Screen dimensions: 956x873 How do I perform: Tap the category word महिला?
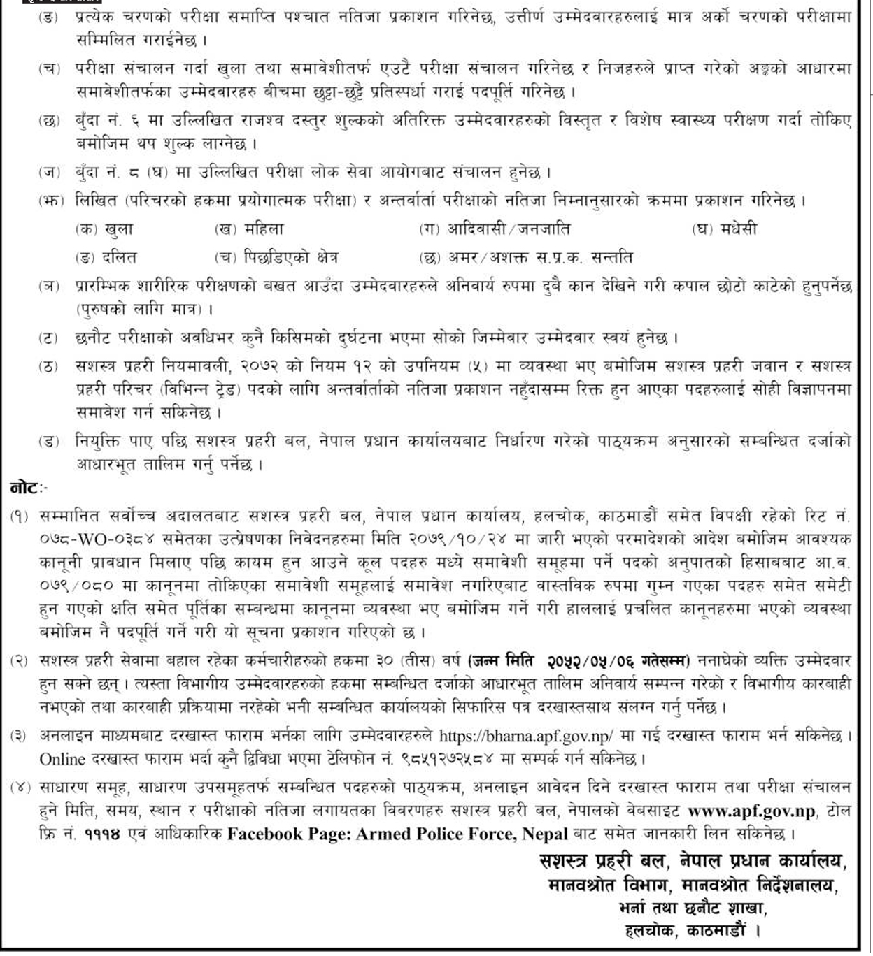point(264,229)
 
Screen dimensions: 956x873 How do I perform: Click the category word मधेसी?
point(737,229)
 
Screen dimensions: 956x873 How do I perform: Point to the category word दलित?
point(118,258)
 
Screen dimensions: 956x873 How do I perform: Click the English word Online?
point(62,759)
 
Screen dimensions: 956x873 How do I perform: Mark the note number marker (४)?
point(21,788)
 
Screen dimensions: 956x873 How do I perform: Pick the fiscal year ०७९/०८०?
point(75,586)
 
